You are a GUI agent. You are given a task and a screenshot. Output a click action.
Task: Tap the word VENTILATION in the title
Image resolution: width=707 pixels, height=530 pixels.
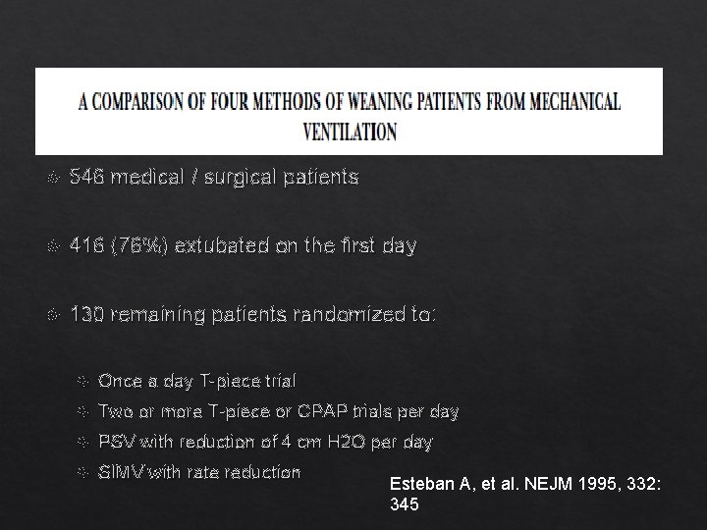point(351,132)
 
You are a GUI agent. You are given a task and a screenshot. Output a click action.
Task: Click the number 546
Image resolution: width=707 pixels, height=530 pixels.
point(87,178)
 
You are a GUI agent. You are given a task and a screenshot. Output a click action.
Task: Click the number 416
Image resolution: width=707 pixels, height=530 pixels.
point(87,245)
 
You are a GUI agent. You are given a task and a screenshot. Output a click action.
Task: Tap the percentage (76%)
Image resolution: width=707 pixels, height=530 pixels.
point(143,245)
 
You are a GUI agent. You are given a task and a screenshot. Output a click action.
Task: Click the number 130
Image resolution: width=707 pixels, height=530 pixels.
point(87,314)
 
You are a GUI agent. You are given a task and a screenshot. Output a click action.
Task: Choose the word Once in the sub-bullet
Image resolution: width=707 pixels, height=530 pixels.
point(119,380)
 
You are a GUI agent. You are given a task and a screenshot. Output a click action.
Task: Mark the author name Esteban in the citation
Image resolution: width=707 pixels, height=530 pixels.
point(419,485)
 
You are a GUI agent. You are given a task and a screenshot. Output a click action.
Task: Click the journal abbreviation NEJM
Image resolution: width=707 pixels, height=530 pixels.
point(536,485)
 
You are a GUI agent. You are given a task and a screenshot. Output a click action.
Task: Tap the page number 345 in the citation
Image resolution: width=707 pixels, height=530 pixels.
point(405,504)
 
